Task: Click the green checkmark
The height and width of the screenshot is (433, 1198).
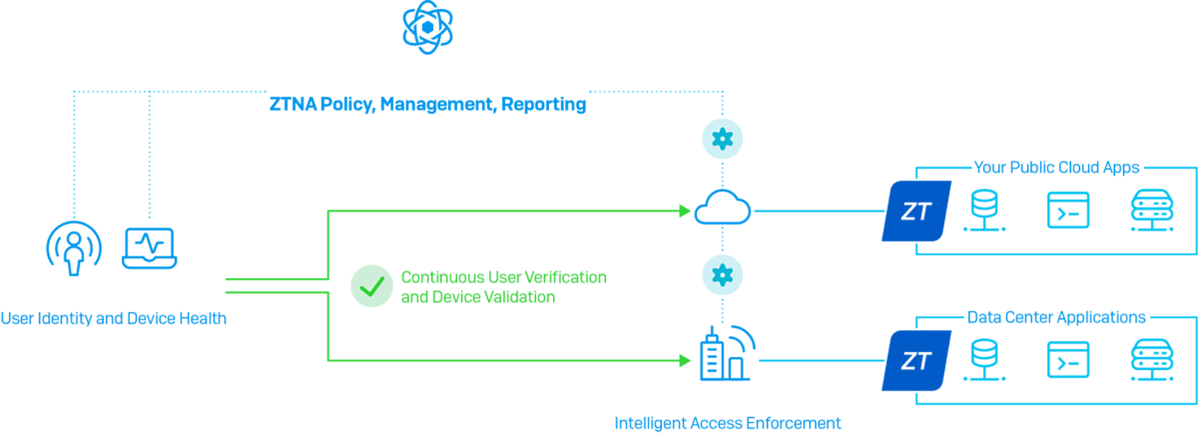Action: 372,287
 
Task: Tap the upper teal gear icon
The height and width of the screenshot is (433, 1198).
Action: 721,140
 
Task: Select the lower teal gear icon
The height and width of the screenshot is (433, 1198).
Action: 721,275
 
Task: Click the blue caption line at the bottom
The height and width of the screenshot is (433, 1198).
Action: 729,421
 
